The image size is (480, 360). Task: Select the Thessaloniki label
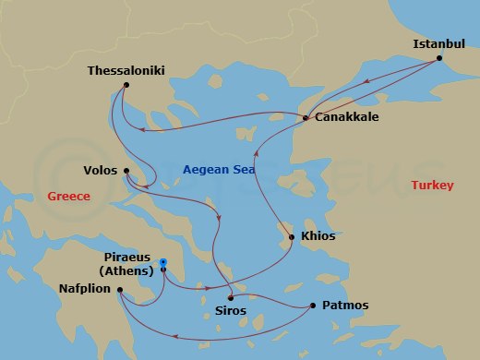126,69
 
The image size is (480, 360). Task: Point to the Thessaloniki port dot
126,86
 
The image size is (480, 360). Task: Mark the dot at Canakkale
306,117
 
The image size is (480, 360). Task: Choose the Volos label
100,170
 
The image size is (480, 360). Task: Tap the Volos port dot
126,170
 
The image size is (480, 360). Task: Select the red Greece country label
68,197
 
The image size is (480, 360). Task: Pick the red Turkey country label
432,186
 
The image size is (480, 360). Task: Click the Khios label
318,236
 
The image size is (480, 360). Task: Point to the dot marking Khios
292,237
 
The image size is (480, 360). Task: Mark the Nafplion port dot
120,289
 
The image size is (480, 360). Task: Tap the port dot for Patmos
313,306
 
